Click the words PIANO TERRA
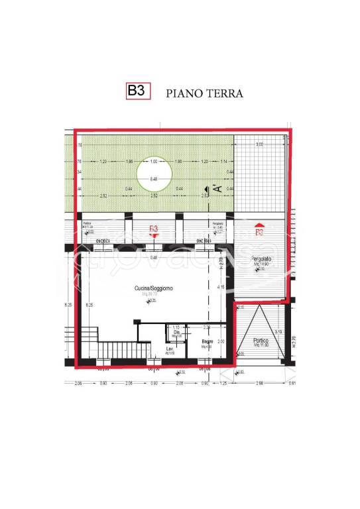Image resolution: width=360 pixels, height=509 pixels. tap(204, 93)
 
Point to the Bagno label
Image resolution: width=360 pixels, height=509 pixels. tap(207, 342)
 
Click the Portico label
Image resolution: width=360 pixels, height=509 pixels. tap(261, 341)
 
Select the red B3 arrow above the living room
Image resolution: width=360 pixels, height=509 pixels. tap(154, 230)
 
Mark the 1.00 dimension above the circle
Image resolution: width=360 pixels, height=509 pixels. tap(154, 162)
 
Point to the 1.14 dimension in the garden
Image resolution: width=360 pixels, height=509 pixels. tap(223, 162)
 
